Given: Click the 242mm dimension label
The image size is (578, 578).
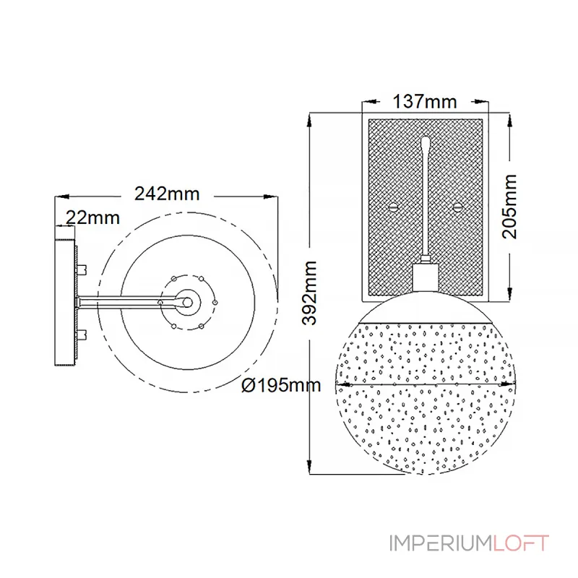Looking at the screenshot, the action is pyautogui.click(x=167, y=194).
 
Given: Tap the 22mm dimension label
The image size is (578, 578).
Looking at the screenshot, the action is pyautogui.click(x=93, y=218).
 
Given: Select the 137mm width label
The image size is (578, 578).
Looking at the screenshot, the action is pyautogui.click(x=425, y=101).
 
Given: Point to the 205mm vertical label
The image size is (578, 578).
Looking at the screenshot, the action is pyautogui.click(x=510, y=207).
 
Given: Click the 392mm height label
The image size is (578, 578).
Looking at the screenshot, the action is pyautogui.click(x=309, y=293).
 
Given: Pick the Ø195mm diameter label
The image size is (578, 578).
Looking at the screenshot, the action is pyautogui.click(x=281, y=386).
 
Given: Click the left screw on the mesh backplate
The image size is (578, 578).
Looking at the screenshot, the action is pyautogui.click(x=394, y=207).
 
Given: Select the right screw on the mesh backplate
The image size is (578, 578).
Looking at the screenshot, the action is pyautogui.click(x=457, y=207).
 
